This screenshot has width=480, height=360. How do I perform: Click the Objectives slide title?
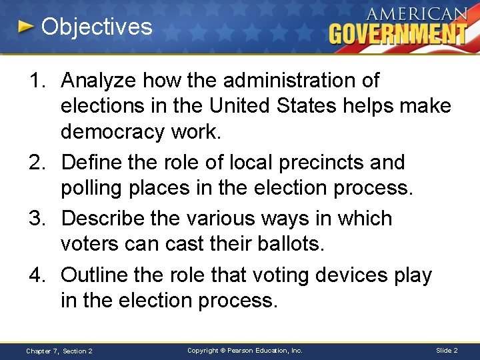97,27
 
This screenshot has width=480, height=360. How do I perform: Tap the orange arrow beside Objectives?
25,27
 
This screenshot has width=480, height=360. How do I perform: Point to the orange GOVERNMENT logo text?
398,33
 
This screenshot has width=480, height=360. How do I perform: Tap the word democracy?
111,131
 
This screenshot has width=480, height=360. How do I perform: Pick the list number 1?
37,81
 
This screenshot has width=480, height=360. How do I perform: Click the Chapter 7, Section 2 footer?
59,351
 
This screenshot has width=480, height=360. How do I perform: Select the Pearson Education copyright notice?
245,350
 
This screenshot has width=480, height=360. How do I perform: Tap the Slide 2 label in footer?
447,350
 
